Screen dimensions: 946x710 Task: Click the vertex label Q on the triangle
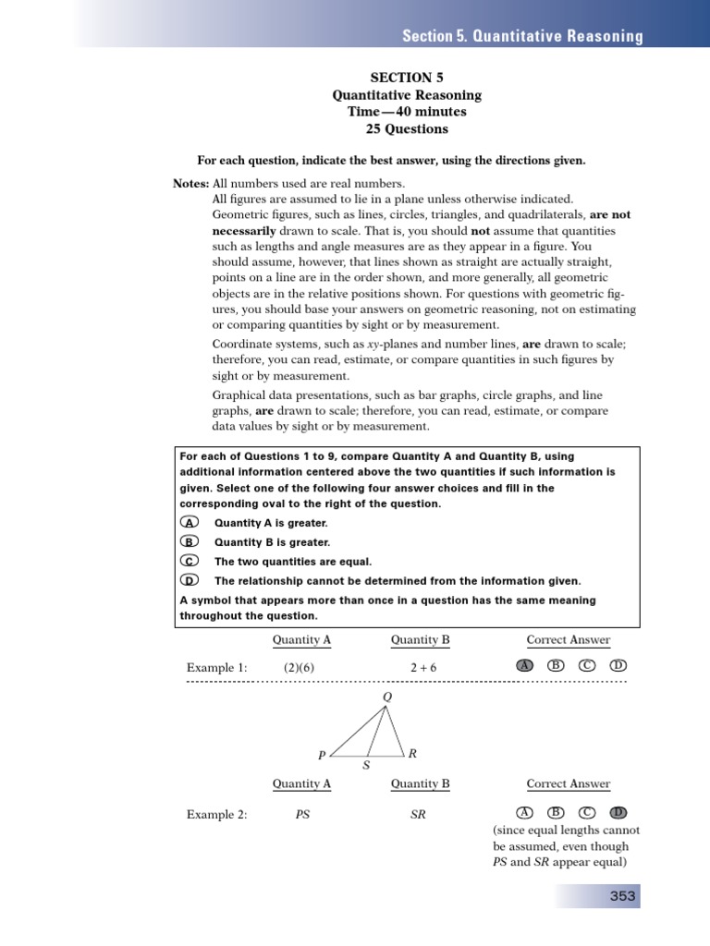pos(386,696)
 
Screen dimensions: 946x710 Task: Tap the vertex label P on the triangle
pos(322,755)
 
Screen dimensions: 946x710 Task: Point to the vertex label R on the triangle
pos(412,753)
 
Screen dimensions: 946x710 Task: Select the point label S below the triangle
pos(366,766)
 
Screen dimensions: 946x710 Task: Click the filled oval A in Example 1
pos(525,666)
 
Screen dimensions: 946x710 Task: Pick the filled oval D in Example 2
pos(618,813)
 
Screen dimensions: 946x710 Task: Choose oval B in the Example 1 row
pos(556,666)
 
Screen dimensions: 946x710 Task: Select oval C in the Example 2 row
pos(587,813)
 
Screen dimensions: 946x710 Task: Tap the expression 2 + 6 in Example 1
pos(420,667)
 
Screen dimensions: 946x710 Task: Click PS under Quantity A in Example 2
pos(301,814)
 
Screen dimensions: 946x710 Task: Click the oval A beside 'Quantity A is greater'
pos(189,523)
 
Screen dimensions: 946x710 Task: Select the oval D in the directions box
pos(189,581)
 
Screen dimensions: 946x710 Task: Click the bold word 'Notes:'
pos(191,184)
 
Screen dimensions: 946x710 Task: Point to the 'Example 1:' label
pos(216,667)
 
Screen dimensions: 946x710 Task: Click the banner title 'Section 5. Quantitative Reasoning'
pos(522,36)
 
